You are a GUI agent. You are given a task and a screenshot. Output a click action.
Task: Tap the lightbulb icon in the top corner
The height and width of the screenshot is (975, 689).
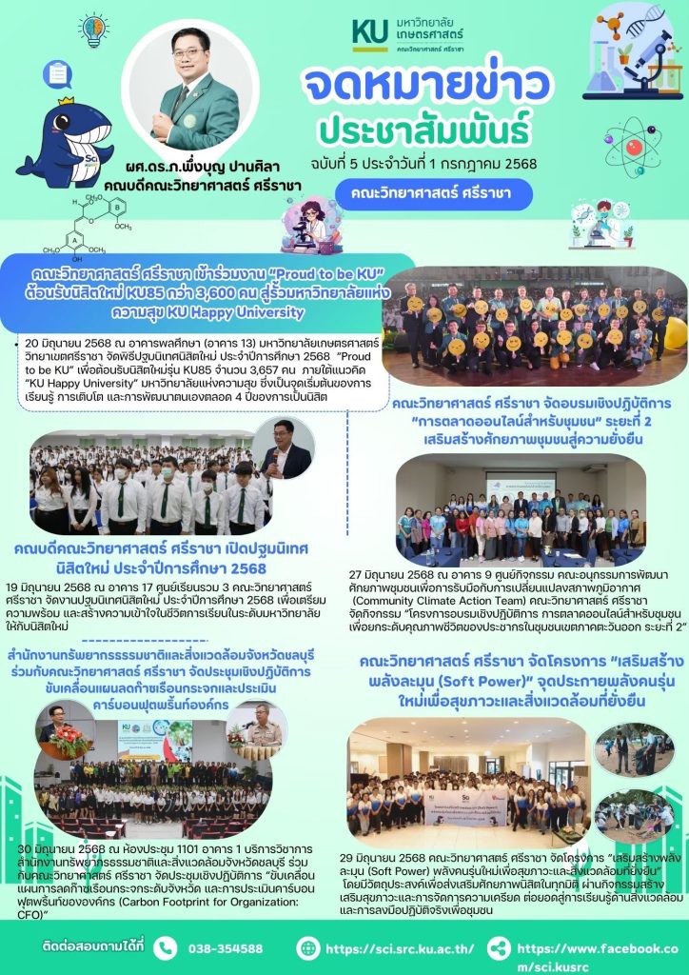pyautogui.click(x=93, y=30)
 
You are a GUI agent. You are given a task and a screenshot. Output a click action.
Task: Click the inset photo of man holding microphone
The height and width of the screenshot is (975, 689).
pyautogui.click(x=286, y=448)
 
